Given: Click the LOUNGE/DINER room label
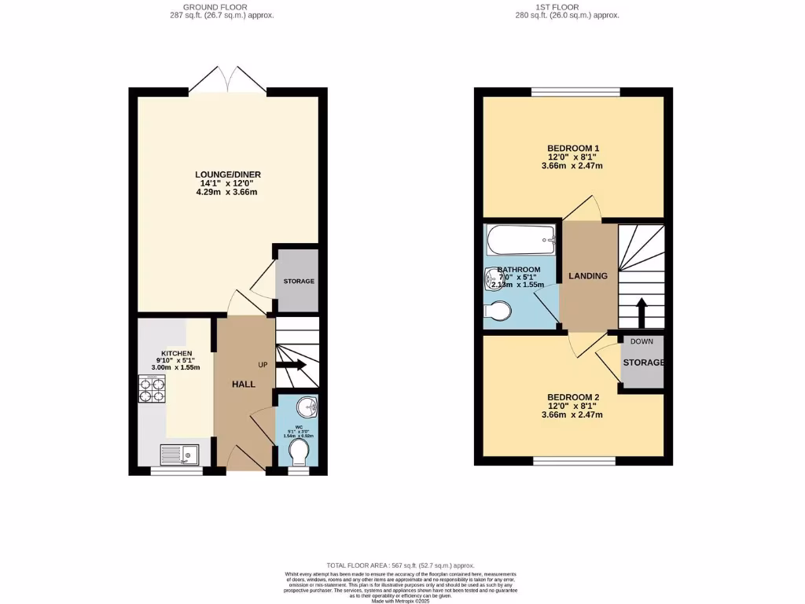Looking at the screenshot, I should [x=228, y=175].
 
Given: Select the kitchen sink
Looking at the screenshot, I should [x=180, y=455].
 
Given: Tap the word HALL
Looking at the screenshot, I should [x=244, y=384].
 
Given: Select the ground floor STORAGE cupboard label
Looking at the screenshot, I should [x=298, y=281].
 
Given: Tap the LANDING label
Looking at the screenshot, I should [x=588, y=276].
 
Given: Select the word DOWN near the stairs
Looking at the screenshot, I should [x=641, y=342].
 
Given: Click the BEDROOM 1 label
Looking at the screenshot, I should [x=573, y=149].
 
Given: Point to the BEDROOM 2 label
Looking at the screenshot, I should [x=573, y=397].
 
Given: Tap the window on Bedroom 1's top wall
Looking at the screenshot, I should [x=575, y=92].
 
